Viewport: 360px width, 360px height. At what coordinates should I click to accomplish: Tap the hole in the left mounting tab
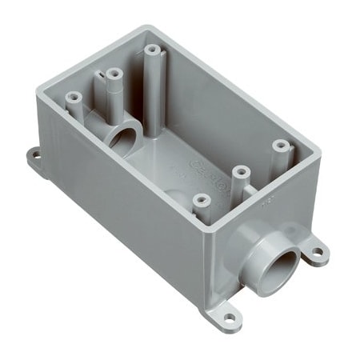tap(36, 156)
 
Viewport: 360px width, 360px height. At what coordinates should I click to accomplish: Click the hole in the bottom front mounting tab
tap(230, 318)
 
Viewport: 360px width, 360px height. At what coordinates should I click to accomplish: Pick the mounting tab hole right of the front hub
tap(318, 252)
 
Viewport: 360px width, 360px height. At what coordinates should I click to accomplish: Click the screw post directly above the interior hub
tap(113, 74)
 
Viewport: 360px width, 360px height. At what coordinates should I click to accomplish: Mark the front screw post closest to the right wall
tap(280, 146)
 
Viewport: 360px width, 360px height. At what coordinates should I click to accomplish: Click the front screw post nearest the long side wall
tap(201, 199)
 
